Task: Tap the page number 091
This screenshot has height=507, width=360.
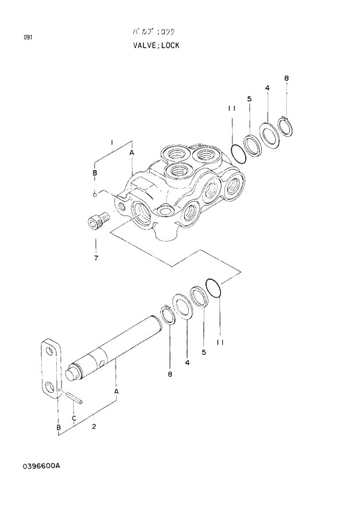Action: pos(28,38)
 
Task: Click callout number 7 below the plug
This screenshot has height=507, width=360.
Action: pos(96,257)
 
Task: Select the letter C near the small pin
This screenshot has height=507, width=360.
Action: pos(74,418)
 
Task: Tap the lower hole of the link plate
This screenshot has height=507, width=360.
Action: pos(51,386)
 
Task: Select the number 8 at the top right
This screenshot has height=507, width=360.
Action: pos(286,78)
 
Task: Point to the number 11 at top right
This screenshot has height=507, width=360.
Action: pos(231,108)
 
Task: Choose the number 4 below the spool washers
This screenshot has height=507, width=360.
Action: pos(187,362)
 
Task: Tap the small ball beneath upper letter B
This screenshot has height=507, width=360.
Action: pos(94,195)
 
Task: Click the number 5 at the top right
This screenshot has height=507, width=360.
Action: pos(249,99)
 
